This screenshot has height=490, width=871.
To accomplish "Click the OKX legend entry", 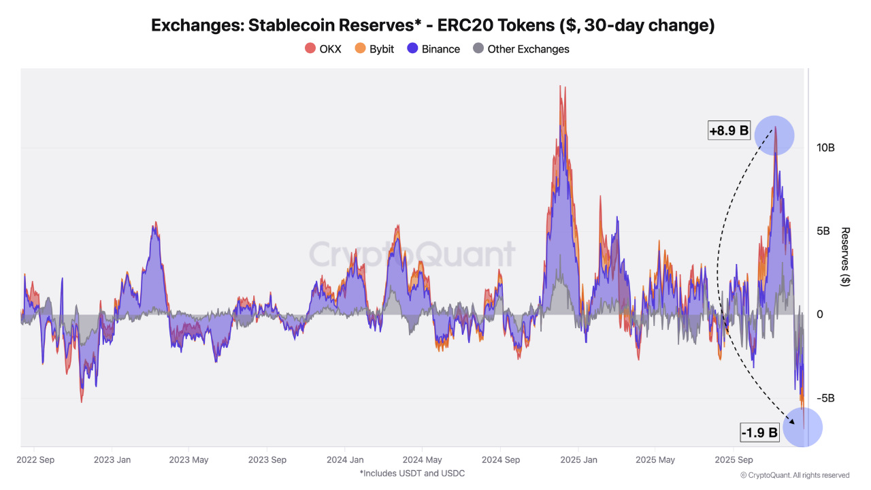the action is [323, 49].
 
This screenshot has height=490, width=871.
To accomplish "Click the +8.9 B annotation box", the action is [728, 131].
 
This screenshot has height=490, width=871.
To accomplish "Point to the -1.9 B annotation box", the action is [759, 431].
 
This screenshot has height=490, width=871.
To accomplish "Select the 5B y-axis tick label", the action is [823, 231].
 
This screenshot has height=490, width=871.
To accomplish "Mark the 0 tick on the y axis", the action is [820, 314].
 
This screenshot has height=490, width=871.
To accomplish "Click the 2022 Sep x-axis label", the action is [35, 459].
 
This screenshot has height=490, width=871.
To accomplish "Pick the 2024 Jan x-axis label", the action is [344, 459].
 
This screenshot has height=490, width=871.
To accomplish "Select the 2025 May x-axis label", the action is [655, 459].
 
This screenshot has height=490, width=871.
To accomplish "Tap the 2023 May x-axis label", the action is [189, 459].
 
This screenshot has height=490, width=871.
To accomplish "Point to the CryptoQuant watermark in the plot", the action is [412, 254].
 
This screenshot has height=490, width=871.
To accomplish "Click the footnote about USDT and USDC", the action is [412, 473].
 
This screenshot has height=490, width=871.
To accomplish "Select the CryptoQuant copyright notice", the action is [794, 475].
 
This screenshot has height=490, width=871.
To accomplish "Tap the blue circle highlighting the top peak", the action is [774, 135].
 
